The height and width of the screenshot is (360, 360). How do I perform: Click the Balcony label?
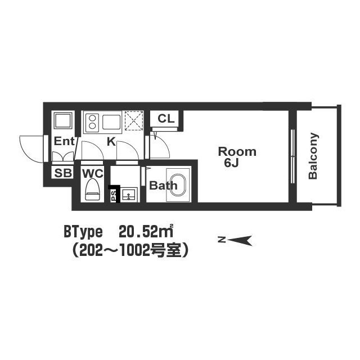pyautogui.click(x=313, y=156)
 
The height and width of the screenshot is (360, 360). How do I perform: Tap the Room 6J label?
pyautogui.click(x=237, y=157)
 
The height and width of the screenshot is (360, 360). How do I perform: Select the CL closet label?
pyautogui.click(x=166, y=119)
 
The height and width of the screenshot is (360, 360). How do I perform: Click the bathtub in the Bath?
pyautogui.click(x=178, y=185)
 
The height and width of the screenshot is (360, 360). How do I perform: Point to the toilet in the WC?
pyautogui.click(x=92, y=190)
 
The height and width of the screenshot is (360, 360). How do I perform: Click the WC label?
pyautogui.click(x=93, y=174)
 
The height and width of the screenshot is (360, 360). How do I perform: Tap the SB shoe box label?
pyautogui.click(x=63, y=173)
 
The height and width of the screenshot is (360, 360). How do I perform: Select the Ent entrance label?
pyautogui.click(x=64, y=141)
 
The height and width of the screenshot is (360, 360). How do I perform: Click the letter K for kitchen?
pyautogui.click(x=111, y=142)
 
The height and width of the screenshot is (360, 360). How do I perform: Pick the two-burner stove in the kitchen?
pyautogui.click(x=92, y=122)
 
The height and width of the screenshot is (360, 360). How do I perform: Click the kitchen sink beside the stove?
pyautogui.click(x=111, y=122)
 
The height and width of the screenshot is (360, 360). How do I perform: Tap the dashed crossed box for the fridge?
pyautogui.click(x=134, y=121)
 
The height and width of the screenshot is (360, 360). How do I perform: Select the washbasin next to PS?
pyautogui.click(x=129, y=195)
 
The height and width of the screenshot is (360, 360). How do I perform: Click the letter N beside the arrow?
pyautogui.click(x=222, y=240)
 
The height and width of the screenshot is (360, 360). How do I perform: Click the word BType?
pyautogui.click(x=83, y=232)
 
